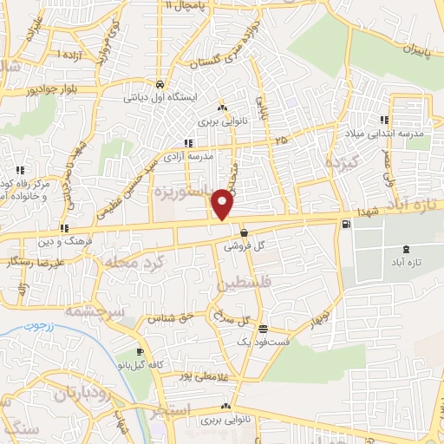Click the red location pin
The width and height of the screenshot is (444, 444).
click(223, 203)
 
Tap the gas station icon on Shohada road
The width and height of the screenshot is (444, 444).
click(348, 225)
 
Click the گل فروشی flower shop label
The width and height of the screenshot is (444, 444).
click(244, 246)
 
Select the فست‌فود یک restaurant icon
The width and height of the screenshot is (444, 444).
click(264, 329)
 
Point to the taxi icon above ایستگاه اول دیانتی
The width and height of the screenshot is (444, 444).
click(160, 84)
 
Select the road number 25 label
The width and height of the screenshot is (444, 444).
click(279, 140)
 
